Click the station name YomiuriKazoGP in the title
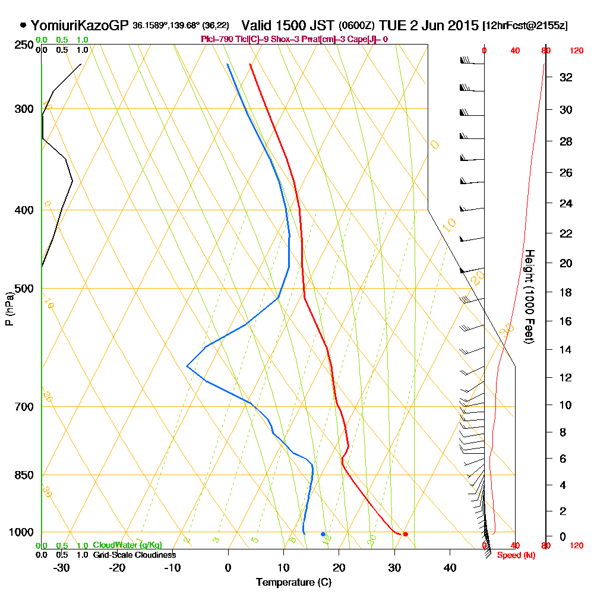(80, 26)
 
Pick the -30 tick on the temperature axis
(62, 567)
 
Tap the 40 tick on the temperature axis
(450, 567)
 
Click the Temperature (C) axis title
(293, 582)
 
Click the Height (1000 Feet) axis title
(528, 296)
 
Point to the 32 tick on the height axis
(566, 77)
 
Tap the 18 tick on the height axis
(566, 292)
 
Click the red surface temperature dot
(405, 534)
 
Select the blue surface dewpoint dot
(323, 534)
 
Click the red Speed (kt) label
(513, 555)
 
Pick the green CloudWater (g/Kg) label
(127, 545)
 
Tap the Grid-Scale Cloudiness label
(134, 555)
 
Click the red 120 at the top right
(576, 51)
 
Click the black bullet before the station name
(23, 26)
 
